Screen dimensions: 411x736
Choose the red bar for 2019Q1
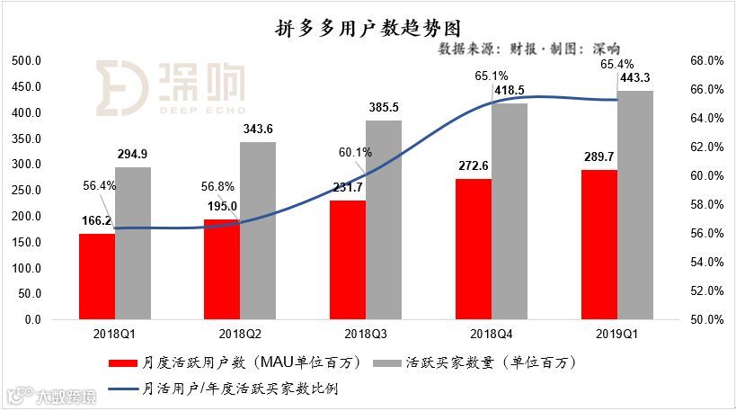(599, 245)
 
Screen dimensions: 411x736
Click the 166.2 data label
(96, 220)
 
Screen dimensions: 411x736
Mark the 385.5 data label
(384, 109)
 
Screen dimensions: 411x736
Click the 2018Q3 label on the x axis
(366, 333)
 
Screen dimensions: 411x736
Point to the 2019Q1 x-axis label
(617, 333)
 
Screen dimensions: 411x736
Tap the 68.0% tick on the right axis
(707, 61)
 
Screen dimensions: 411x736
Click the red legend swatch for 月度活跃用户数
(123, 364)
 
